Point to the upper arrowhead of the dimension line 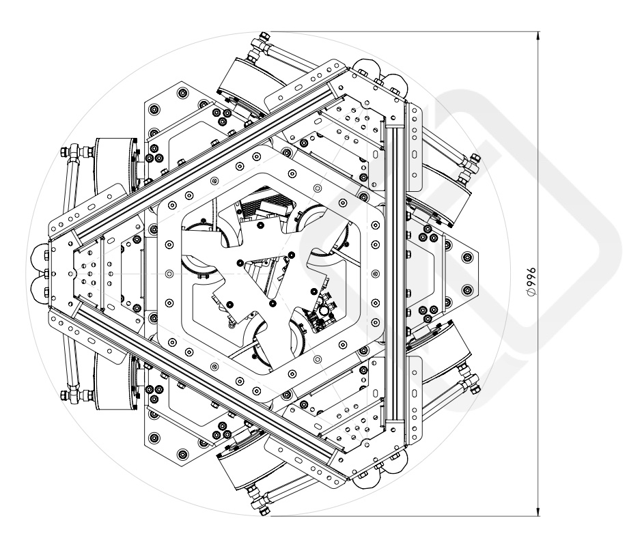click(540, 36)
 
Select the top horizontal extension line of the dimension click(403, 31)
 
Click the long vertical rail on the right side click(394, 273)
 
